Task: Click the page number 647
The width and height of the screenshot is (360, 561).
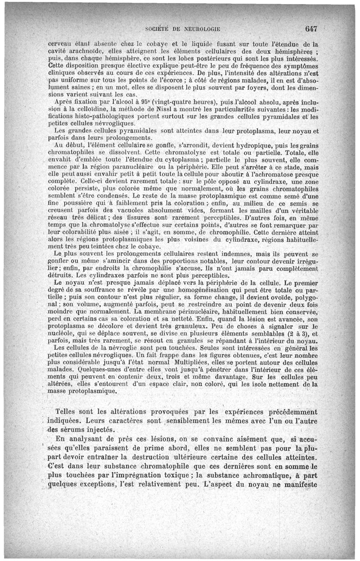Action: point(311,29)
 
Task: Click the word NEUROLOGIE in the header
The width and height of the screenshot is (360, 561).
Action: point(199,30)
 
